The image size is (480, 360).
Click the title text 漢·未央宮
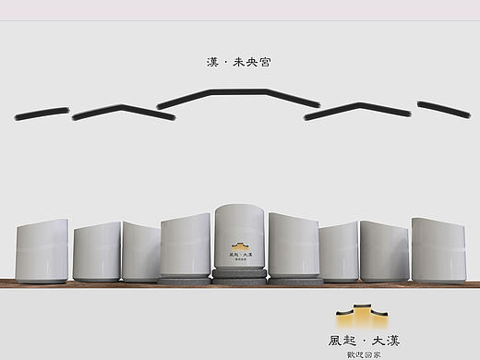click(239, 62)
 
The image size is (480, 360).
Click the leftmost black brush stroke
click(42, 113)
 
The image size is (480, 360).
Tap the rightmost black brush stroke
click(443, 109)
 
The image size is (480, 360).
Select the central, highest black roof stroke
click(239, 95)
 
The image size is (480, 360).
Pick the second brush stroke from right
click(357, 111)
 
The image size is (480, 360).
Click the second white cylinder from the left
click(97, 251)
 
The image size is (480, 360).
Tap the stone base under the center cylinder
click(240, 274)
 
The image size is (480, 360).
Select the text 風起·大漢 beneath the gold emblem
click(364, 341)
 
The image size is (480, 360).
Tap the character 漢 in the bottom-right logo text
click(392, 341)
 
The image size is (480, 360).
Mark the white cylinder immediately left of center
click(186, 246)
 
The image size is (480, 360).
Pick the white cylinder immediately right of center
click(293, 246)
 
